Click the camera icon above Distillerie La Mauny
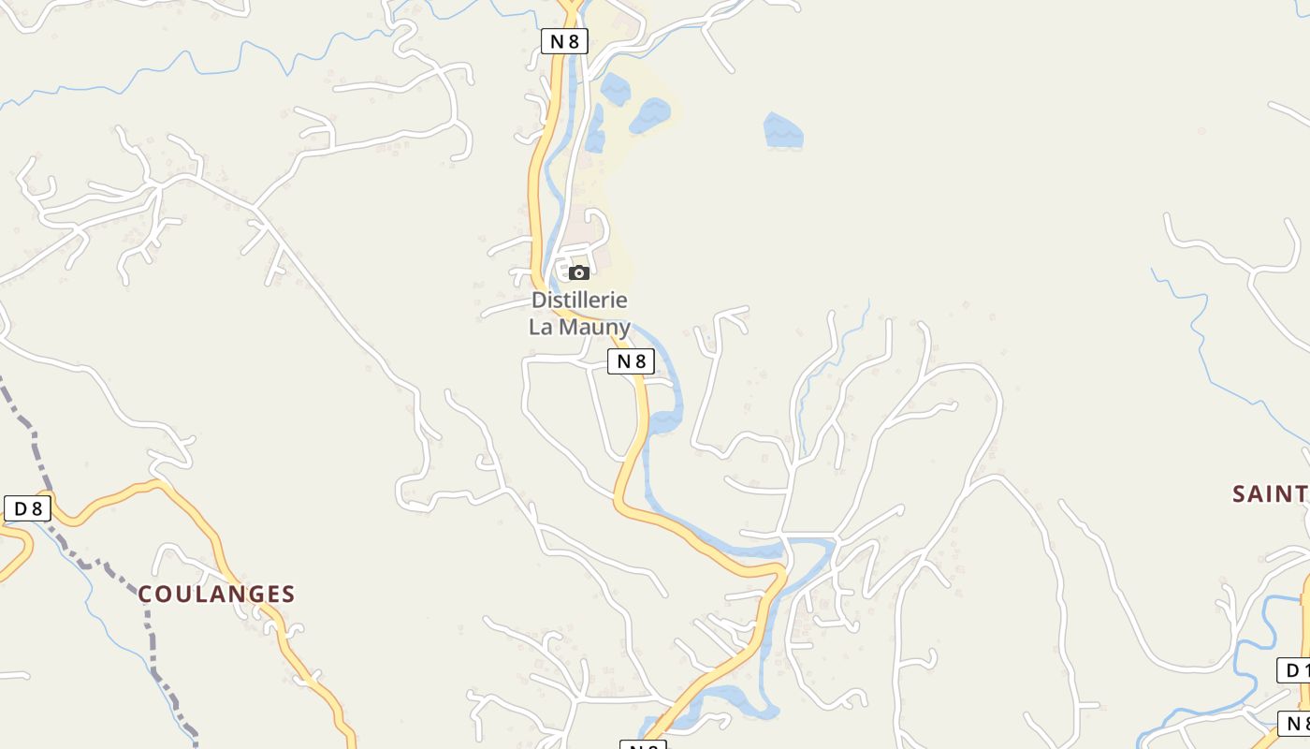579,272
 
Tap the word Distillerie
579,301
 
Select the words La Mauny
579,327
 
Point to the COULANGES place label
216,595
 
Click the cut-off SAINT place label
1269,494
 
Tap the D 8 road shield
27,508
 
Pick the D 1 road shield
1293,670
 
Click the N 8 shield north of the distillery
564,40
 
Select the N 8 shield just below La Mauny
631,361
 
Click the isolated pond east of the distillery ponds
783,131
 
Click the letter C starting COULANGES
145,595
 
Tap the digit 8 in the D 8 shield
36,508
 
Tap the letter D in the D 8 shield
20,508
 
